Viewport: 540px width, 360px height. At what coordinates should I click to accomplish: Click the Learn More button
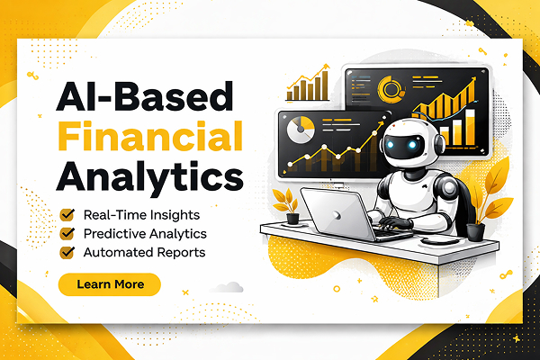coord(110,284)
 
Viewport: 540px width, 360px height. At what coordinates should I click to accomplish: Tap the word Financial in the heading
coord(150,136)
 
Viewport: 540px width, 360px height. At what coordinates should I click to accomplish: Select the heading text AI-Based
coord(145,96)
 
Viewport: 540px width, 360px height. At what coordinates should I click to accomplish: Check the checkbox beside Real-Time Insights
coord(67,214)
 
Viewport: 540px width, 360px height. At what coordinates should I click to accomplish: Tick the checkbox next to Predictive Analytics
coord(67,233)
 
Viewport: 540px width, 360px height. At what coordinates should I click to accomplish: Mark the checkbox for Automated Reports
coord(67,252)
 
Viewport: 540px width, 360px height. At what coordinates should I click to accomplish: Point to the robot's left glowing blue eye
coord(391,145)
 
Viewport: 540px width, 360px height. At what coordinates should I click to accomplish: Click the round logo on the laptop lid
coord(337,215)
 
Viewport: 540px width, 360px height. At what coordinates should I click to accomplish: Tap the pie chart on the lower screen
coord(301,130)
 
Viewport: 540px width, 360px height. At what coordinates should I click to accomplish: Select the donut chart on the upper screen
coord(391,90)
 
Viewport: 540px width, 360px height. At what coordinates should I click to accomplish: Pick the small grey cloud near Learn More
coord(228,287)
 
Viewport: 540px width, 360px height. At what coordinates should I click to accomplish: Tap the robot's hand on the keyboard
coord(396,222)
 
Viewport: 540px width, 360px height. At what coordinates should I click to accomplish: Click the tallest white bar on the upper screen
coord(470,127)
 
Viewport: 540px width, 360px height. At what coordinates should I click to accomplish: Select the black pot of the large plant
coord(475,232)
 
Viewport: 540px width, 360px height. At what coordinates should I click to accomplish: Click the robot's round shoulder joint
coord(449,188)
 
